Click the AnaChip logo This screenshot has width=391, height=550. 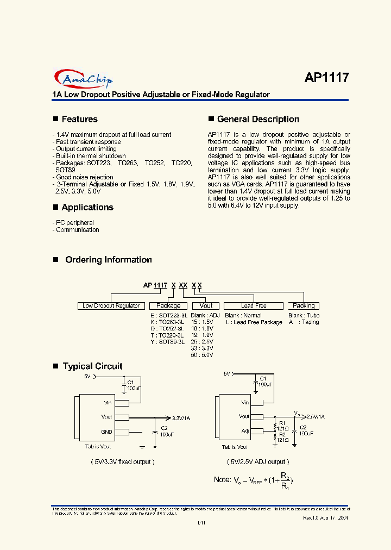[x=84, y=79]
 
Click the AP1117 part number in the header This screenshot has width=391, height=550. [x=326, y=78]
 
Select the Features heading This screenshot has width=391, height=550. [x=79, y=119]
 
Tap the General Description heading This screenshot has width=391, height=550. [x=258, y=119]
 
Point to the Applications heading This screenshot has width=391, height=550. [x=87, y=207]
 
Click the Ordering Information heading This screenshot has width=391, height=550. [x=109, y=260]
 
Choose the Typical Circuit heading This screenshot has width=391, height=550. [x=92, y=366]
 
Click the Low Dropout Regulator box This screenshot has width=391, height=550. [x=111, y=305]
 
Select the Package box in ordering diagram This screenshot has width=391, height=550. [x=168, y=305]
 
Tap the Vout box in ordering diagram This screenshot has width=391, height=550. [x=206, y=305]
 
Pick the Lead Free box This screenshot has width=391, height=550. [x=254, y=305]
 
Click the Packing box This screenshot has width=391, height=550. [x=304, y=305]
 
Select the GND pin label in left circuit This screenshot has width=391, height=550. [x=106, y=432]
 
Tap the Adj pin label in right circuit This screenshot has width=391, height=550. [x=245, y=430]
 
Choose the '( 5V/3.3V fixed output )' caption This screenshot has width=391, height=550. [x=123, y=461]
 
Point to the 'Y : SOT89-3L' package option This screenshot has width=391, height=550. [x=167, y=342]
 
